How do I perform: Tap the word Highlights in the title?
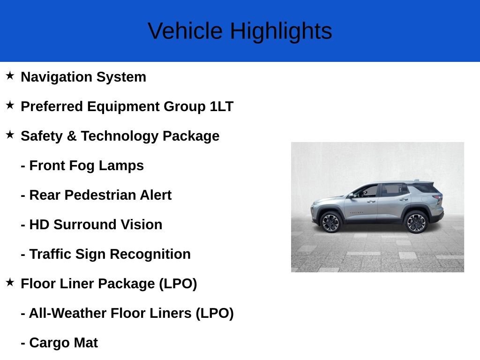point(281,31)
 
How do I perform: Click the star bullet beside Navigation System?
point(10,76)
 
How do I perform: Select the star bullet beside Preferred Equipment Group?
point(10,105)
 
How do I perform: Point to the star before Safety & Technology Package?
point(10,135)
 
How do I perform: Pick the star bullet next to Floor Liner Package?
point(10,283)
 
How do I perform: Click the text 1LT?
point(221,107)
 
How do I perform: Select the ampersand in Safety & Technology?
point(71,136)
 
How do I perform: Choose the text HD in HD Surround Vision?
point(39,225)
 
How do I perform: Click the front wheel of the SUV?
point(331,222)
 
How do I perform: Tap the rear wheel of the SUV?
point(416,222)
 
